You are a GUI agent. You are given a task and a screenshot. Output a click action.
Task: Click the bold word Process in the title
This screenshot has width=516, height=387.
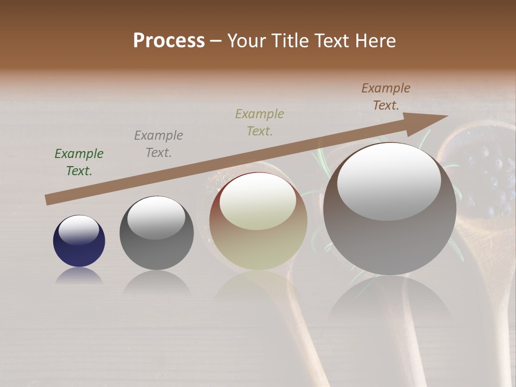(x=169, y=40)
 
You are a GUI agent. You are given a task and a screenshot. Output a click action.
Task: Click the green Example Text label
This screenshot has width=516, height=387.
(x=79, y=162)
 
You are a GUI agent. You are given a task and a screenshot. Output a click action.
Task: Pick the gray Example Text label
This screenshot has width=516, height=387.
(x=159, y=144)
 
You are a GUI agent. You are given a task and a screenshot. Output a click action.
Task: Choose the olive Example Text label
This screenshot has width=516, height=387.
(x=260, y=123)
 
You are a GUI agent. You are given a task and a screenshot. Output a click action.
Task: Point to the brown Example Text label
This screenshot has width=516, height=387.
(x=386, y=97)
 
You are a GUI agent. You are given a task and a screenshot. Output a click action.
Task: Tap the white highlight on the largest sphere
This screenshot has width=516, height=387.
(x=389, y=181)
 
